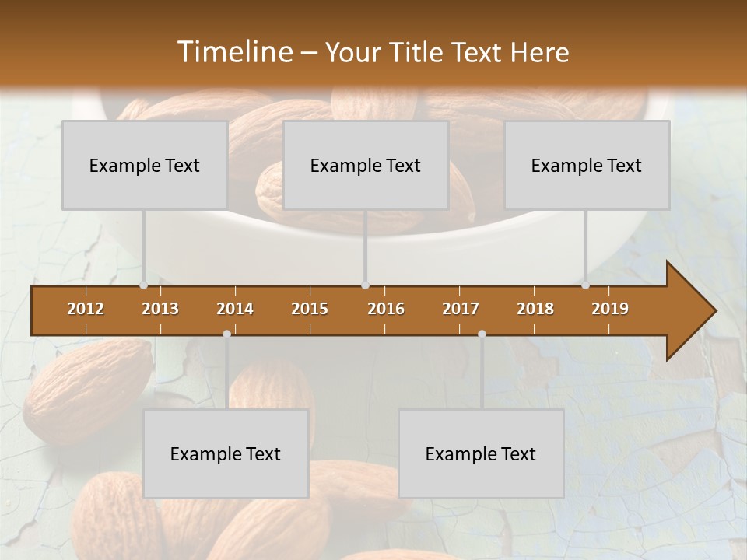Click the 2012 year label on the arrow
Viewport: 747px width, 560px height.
(x=86, y=309)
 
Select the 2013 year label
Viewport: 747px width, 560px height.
(x=160, y=309)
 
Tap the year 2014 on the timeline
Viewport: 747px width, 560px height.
(x=235, y=309)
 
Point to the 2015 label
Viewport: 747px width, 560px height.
(x=310, y=309)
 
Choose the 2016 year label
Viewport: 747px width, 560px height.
(x=386, y=309)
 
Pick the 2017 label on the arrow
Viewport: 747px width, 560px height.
(x=461, y=309)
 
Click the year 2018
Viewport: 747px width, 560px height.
(x=535, y=309)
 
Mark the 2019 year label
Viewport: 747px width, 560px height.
(x=610, y=309)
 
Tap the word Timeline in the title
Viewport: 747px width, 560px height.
(x=233, y=52)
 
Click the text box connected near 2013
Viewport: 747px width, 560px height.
(x=145, y=165)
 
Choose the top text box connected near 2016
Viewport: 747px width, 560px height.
(x=366, y=165)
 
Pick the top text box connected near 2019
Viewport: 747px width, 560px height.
(x=587, y=165)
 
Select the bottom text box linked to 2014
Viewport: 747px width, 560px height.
(x=226, y=453)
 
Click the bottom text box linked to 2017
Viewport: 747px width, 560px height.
(x=481, y=453)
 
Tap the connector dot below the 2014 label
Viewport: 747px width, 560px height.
(x=226, y=334)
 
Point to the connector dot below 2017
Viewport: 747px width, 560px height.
(x=482, y=334)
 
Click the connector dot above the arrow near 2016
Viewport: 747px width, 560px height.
(x=365, y=285)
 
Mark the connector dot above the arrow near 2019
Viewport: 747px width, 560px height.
(x=585, y=285)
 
